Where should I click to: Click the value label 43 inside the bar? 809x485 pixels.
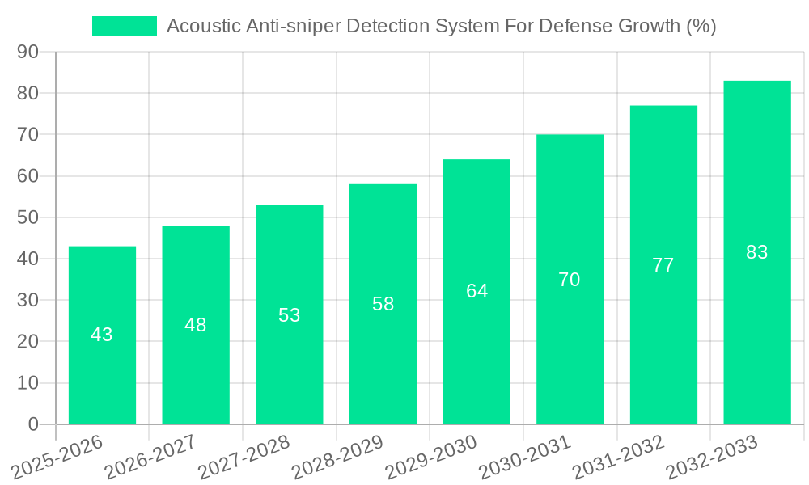tap(102, 335)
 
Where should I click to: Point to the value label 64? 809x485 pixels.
tap(477, 291)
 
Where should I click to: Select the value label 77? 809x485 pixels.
tap(663, 265)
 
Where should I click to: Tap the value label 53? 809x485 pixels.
tap(290, 315)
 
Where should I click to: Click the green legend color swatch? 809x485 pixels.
tap(125, 26)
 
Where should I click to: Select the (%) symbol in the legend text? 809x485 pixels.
tap(701, 26)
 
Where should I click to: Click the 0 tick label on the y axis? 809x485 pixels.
tap(33, 424)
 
